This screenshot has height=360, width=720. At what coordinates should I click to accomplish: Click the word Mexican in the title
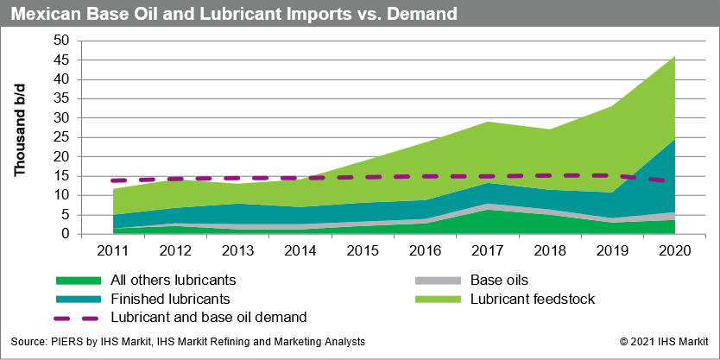click(43, 15)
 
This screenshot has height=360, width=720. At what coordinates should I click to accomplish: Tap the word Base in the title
click(103, 15)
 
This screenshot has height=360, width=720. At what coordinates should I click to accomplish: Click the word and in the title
click(167, 15)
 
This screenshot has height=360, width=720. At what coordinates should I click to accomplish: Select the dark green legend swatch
click(79, 281)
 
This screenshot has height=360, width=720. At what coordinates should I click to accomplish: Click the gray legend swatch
click(438, 281)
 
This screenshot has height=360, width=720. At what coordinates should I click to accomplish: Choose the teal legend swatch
click(79, 300)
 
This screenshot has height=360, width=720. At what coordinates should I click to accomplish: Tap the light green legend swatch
click(438, 300)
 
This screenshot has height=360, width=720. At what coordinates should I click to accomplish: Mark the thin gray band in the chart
click(259, 226)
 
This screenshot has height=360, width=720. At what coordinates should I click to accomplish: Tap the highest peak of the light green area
click(674, 57)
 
